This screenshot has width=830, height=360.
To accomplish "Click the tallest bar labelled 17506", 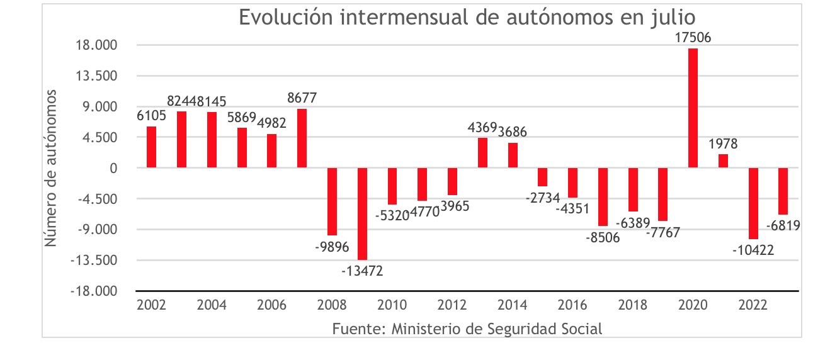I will pos(693,108).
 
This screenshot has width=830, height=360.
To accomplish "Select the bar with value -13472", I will pos(362,213).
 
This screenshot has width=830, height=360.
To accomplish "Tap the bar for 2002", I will pos(151,147).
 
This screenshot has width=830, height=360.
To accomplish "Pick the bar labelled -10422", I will pos(753,203).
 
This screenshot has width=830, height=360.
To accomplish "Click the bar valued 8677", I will pos(302,138).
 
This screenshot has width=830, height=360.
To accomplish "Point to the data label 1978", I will pos(723,144).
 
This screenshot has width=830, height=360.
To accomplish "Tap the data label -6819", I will pos(783,225).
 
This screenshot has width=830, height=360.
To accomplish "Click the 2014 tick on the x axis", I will pos(513,306).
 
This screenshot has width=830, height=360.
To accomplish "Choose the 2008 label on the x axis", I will pos(332,306).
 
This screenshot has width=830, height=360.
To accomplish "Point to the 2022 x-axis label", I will pos(753,306).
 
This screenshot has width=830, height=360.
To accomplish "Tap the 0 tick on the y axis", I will pos(114,168).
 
